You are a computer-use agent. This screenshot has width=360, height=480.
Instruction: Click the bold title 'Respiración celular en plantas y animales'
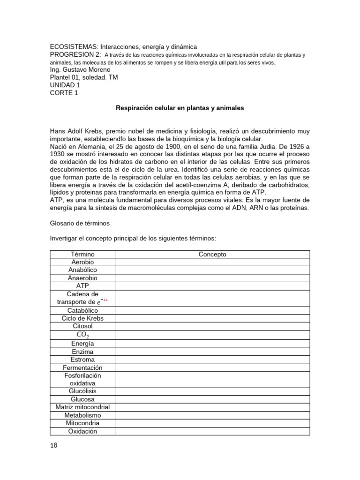[x=180, y=108]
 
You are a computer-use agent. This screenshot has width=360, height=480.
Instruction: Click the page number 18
[x=53, y=445]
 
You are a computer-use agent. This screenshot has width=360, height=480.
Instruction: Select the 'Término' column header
[x=82, y=254]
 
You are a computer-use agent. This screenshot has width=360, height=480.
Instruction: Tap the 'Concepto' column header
[x=212, y=254]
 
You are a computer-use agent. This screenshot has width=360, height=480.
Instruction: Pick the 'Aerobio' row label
[x=82, y=262]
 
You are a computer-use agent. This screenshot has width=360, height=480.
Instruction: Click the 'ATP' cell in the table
[x=82, y=285]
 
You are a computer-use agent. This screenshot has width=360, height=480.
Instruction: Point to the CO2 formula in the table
[x=82, y=335]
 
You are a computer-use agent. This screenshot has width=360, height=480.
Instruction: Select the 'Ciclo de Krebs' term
[x=82, y=318]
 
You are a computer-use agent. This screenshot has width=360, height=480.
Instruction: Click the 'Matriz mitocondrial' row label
[x=82, y=407]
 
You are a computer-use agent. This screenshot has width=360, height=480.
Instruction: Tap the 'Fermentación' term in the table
[x=82, y=367]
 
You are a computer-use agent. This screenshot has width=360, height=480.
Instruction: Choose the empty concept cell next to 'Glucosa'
[x=212, y=399]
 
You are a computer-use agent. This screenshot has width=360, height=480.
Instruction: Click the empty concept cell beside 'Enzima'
[x=212, y=352]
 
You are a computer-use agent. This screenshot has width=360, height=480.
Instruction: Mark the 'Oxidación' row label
[x=82, y=431]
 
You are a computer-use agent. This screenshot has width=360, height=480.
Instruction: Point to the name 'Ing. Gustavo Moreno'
[x=80, y=69]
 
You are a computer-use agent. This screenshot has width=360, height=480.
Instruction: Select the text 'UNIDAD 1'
[x=65, y=85]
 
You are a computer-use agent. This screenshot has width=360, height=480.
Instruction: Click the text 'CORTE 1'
[x=64, y=93]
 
